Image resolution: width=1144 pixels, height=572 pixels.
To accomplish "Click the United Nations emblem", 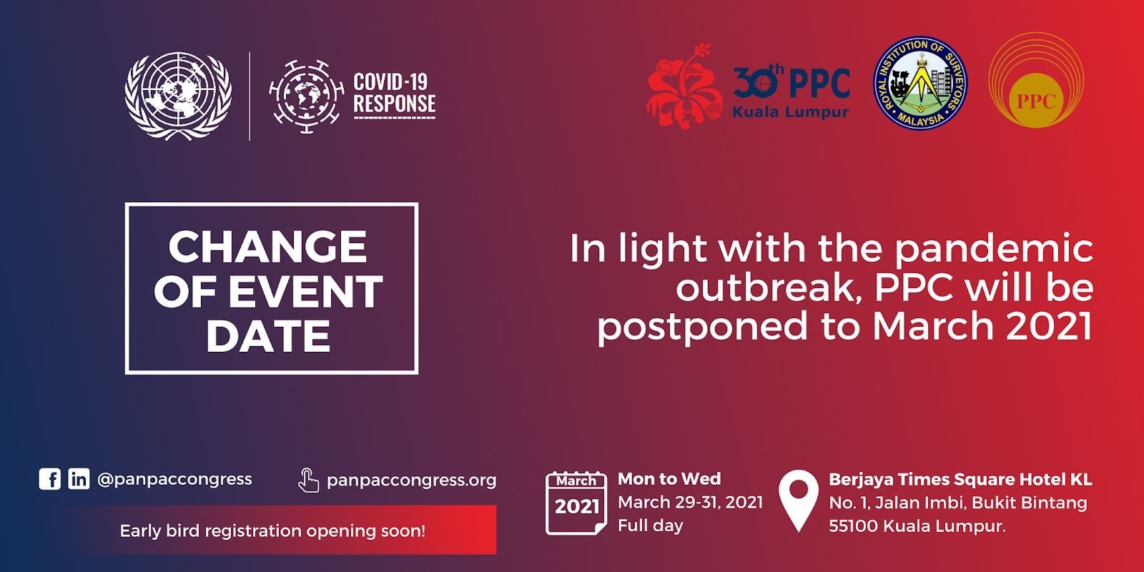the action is (x=178, y=96).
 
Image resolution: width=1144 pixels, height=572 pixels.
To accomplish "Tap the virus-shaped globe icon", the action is (x=307, y=96).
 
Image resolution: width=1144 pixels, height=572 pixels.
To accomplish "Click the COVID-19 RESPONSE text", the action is (x=394, y=93).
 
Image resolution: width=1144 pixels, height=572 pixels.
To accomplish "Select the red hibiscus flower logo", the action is (x=684, y=86).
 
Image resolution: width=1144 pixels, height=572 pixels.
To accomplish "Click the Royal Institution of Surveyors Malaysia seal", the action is (x=920, y=82).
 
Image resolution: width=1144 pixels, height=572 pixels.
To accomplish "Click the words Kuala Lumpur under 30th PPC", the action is (x=791, y=112).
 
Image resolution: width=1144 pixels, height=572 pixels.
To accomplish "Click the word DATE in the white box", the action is (x=268, y=335).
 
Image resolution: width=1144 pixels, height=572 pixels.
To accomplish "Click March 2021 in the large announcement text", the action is (x=982, y=326).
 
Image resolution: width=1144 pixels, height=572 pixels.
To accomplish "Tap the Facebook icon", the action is (x=50, y=479).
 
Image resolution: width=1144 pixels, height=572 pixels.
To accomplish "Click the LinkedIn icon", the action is (x=79, y=479).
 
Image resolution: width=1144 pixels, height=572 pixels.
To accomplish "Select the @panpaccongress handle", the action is (x=174, y=479).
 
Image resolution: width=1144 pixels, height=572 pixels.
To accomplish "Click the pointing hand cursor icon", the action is (x=308, y=480).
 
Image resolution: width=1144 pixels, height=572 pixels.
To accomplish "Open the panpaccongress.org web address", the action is (x=411, y=480).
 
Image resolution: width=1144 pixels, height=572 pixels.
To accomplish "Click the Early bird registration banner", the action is (x=282, y=530).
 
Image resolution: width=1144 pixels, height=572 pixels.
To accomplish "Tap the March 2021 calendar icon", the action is (x=576, y=503).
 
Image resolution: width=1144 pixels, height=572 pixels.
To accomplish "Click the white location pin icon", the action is (x=798, y=500).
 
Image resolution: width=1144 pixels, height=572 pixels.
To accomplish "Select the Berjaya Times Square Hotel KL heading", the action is (x=960, y=479).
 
